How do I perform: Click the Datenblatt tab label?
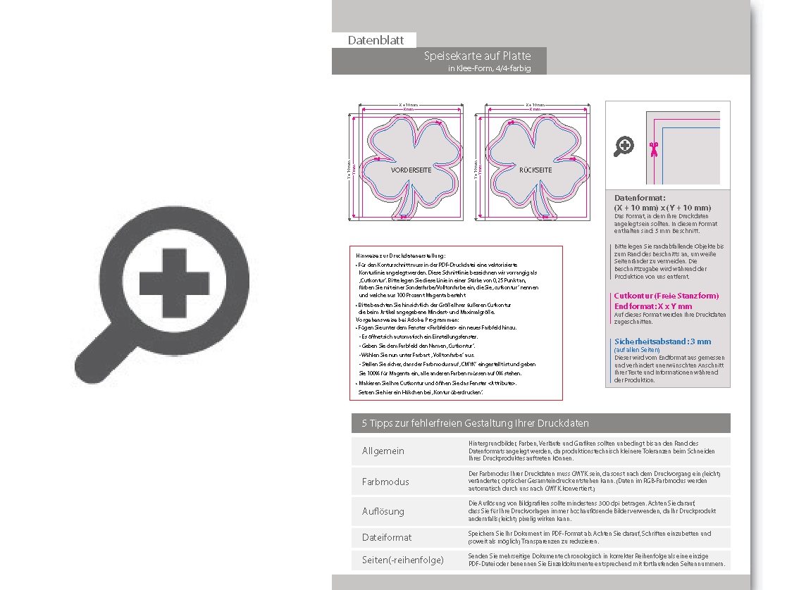(x=376, y=41)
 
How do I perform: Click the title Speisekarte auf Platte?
(x=478, y=56)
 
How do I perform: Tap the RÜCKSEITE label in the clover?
(x=535, y=170)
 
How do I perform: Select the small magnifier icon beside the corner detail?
(x=624, y=146)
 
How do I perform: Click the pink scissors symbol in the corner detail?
(x=654, y=148)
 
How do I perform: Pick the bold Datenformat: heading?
(x=640, y=199)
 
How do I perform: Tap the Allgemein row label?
(x=383, y=451)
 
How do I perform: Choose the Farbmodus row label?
(x=385, y=482)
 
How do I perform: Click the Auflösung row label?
(x=383, y=512)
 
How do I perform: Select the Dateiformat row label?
(x=387, y=537)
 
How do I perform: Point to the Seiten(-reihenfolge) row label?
(x=403, y=560)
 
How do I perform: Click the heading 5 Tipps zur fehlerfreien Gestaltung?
(x=475, y=423)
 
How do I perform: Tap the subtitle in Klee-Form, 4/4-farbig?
(x=488, y=68)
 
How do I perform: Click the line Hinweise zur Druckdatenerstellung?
(x=401, y=255)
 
